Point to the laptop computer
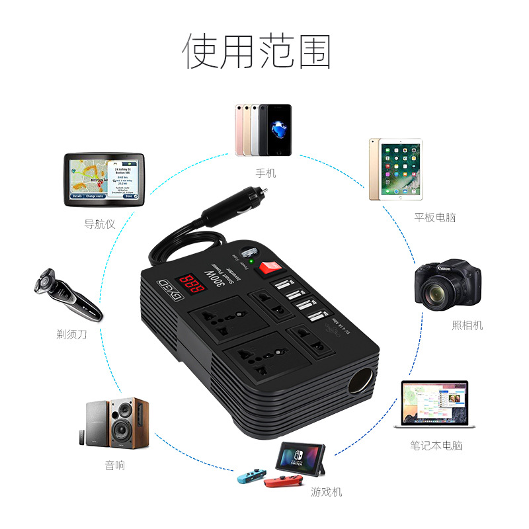(435, 405)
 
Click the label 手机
(265, 174)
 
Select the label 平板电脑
(434, 217)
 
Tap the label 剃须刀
(71, 335)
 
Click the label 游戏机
(327, 491)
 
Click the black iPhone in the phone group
(276, 130)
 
